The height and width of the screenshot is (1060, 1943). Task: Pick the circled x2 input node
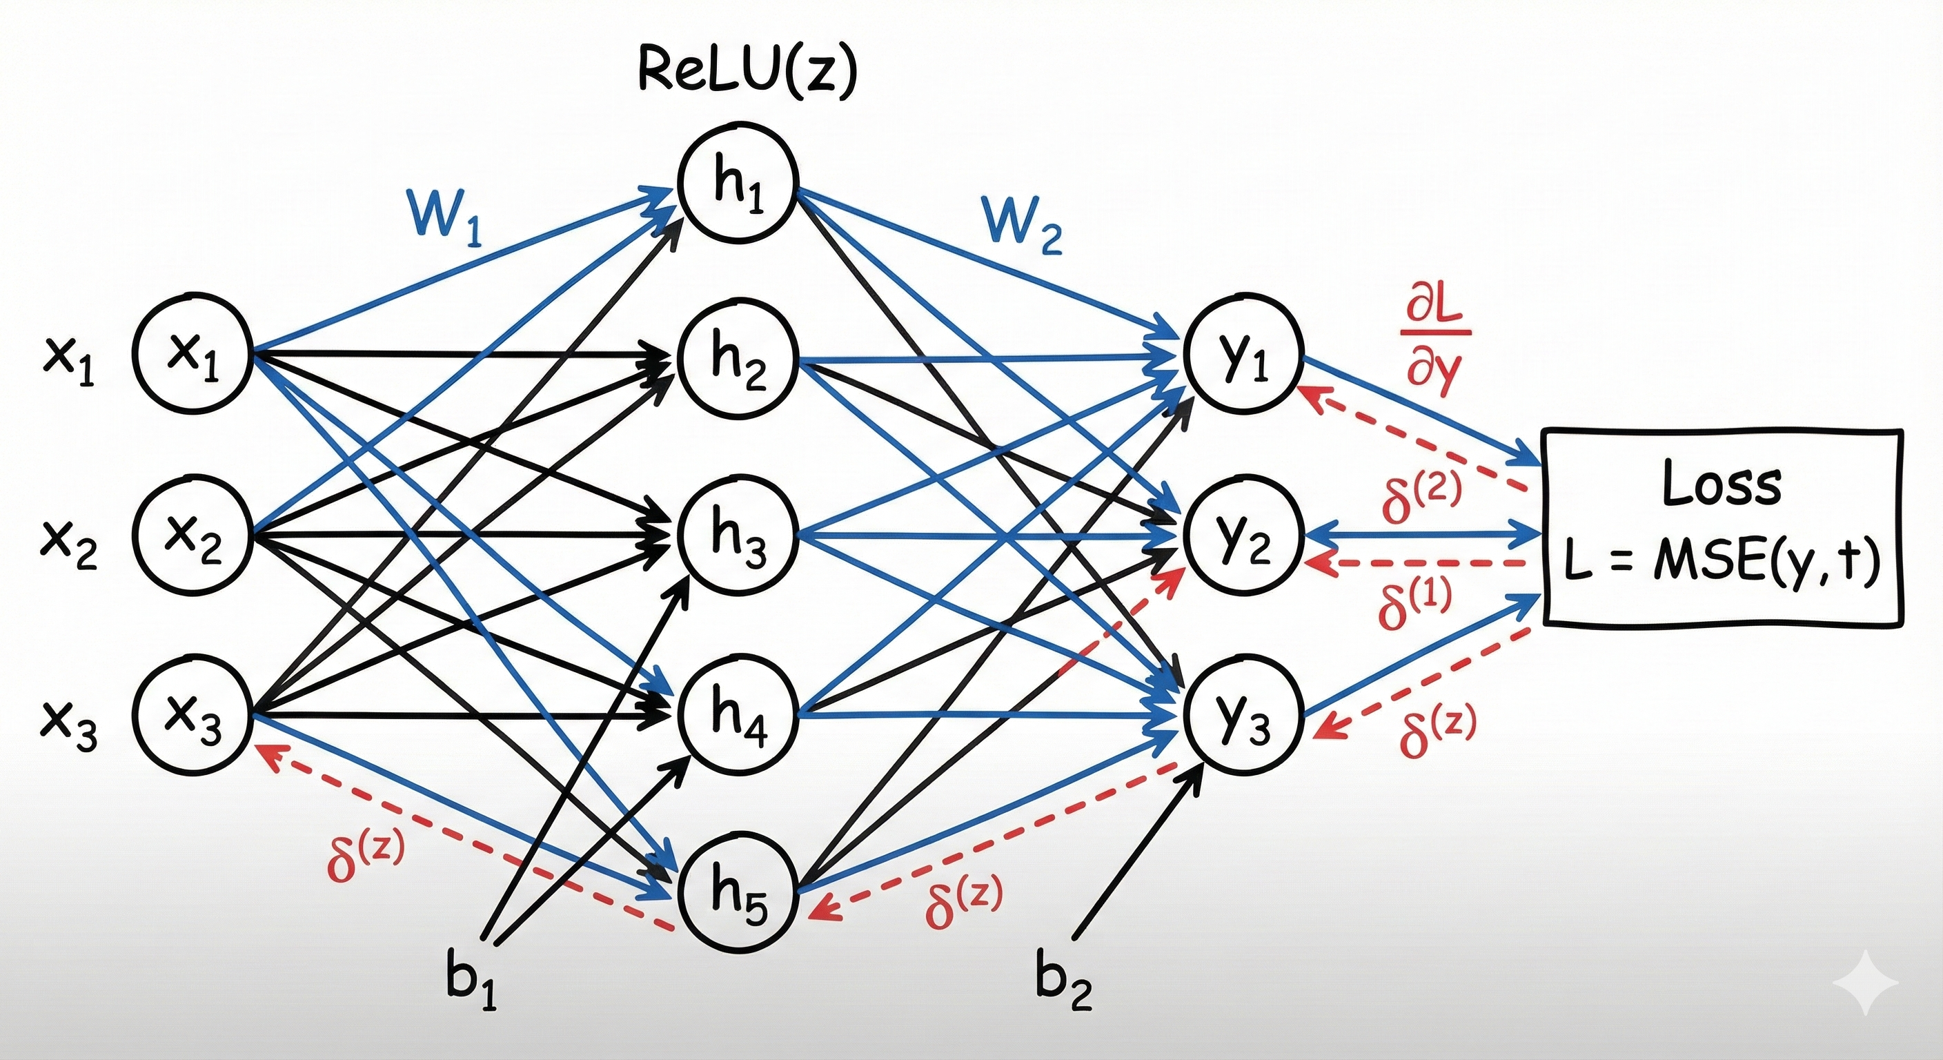192,536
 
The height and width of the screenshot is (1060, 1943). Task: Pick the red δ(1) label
1415,604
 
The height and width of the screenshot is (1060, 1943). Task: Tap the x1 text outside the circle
68,362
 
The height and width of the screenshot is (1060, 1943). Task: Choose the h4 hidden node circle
738,714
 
